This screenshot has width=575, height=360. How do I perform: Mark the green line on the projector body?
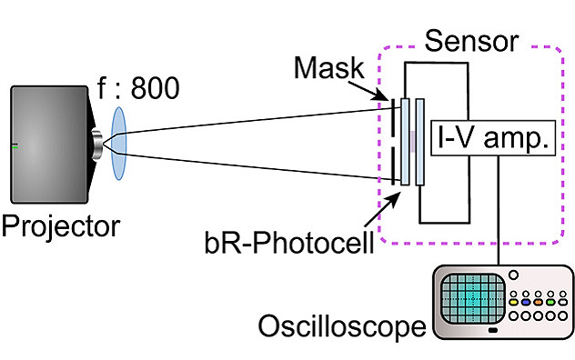tap(16, 145)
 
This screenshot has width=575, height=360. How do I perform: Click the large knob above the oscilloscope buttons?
tap(514, 275)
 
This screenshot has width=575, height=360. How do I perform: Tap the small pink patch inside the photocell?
tap(412, 140)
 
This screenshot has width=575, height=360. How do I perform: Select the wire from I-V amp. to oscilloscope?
tap(501, 209)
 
